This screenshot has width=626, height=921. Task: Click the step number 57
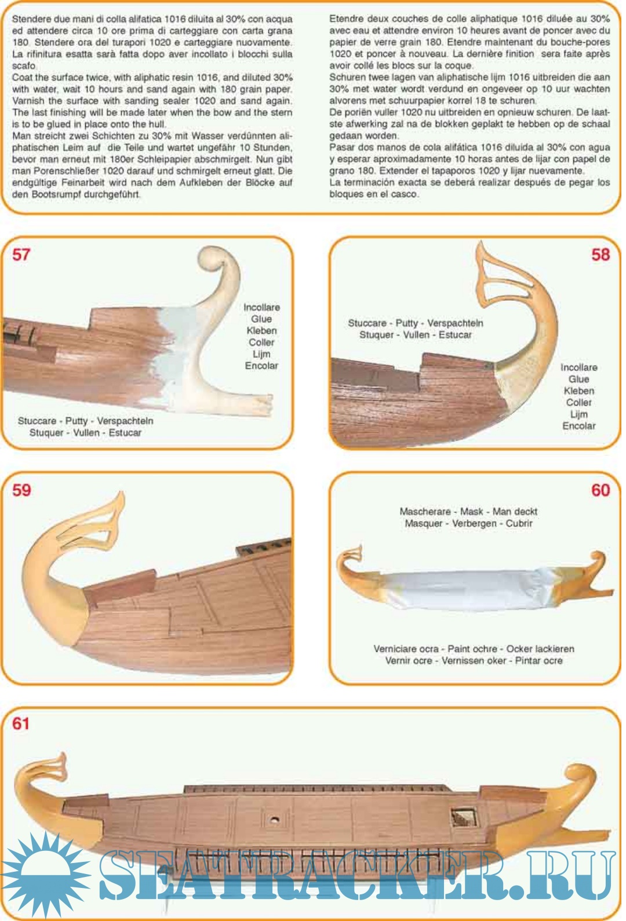[x=21, y=254]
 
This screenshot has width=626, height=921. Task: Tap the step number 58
[x=600, y=254]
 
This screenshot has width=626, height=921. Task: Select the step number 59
[x=21, y=490]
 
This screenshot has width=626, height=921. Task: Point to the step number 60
[x=600, y=490]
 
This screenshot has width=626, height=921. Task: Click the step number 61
[x=20, y=723]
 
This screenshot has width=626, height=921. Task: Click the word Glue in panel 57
[x=261, y=319]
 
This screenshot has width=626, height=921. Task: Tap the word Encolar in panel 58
[x=578, y=426]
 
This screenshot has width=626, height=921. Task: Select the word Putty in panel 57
[x=77, y=421]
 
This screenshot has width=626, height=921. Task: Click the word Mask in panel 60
[x=471, y=511]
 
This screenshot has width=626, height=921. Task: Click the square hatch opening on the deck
[x=463, y=818]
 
